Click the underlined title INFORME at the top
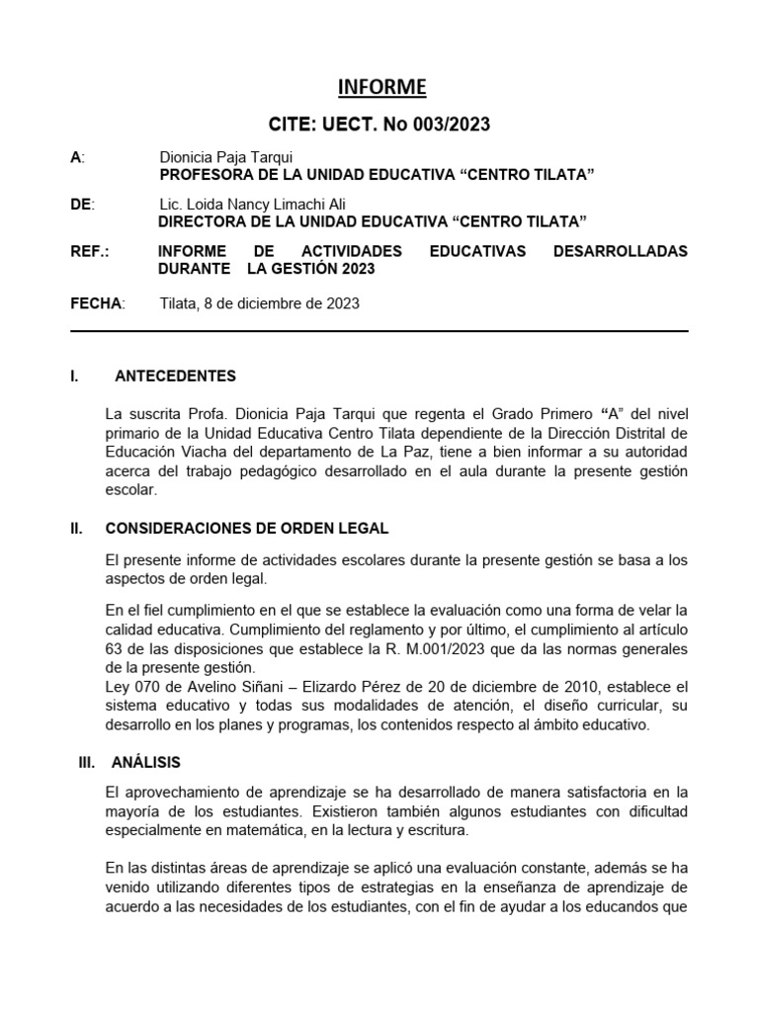pyautogui.click(x=381, y=88)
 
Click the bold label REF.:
pyautogui.click(x=90, y=251)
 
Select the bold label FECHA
pyautogui.click(x=96, y=303)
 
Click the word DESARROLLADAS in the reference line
pyautogui.click(x=620, y=251)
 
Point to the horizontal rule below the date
pyautogui.click(x=379, y=331)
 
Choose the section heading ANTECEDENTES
pyautogui.click(x=175, y=376)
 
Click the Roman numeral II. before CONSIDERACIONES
pyautogui.click(x=76, y=529)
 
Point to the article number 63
pyautogui.click(x=116, y=647)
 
